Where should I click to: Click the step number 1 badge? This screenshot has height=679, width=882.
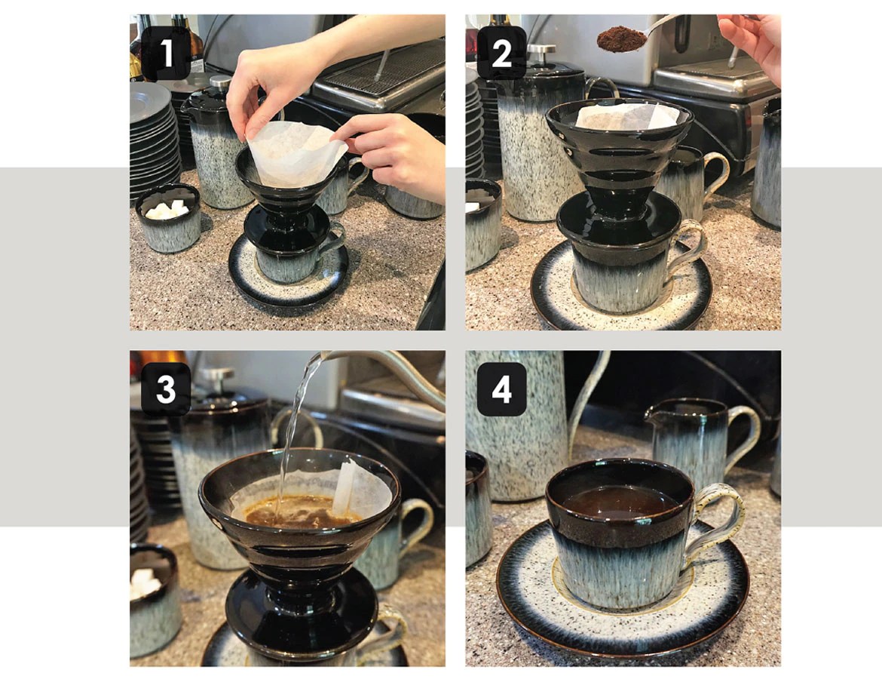[166, 55]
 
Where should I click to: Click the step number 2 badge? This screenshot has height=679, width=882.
[501, 55]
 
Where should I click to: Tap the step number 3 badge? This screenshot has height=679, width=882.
[166, 390]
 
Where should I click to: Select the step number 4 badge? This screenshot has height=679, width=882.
[501, 390]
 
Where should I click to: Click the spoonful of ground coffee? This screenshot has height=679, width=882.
[622, 38]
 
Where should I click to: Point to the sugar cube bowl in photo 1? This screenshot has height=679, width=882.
[168, 219]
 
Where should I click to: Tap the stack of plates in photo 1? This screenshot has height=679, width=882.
[155, 143]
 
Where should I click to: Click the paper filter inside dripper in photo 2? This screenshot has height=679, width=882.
[618, 117]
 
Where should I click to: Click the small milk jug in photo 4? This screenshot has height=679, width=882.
[694, 438]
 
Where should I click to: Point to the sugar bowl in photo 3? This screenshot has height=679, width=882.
[155, 604]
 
